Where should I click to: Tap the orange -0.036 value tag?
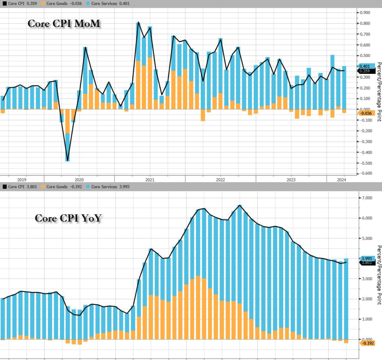(365, 113)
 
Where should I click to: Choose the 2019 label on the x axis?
(22, 179)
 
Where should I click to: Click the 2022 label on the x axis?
(220, 179)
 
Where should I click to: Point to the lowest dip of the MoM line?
(68, 161)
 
